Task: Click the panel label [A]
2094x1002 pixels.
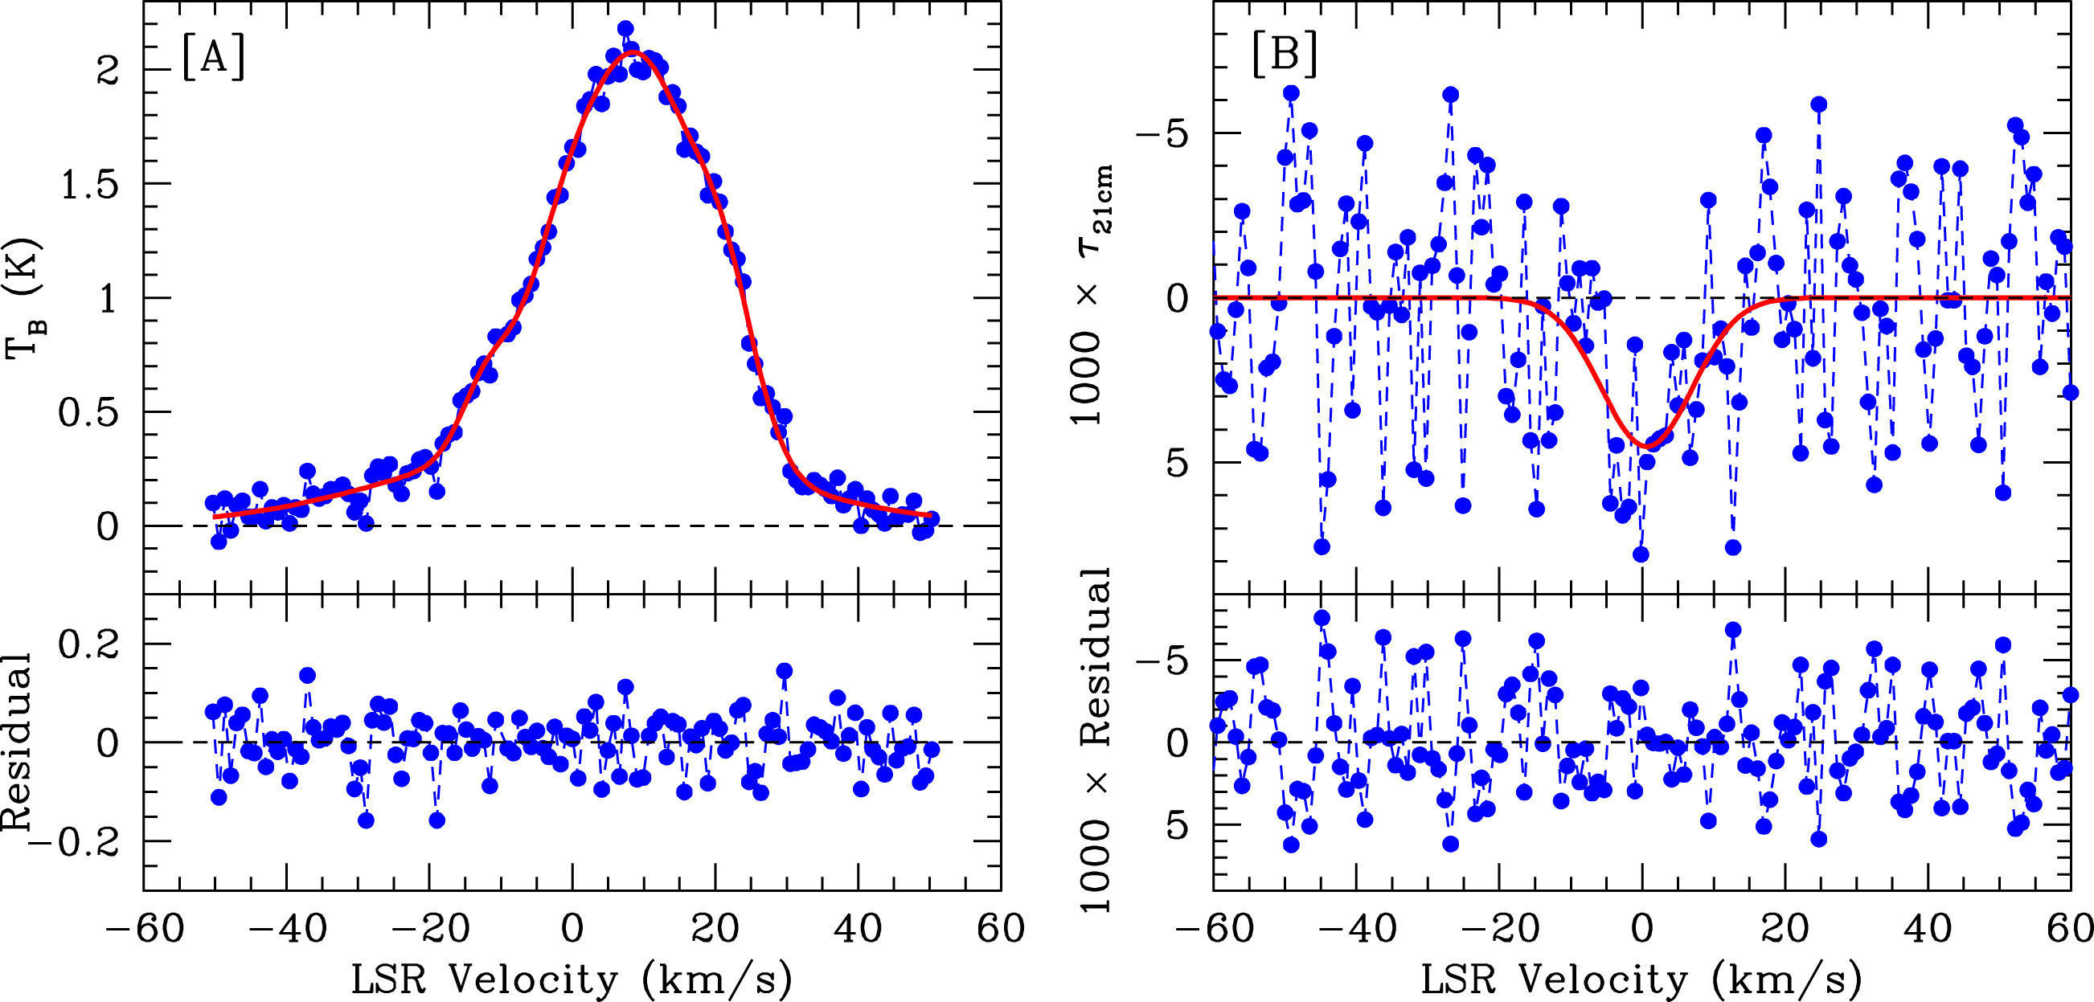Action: point(213,59)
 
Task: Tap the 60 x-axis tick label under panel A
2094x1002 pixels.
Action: point(1001,928)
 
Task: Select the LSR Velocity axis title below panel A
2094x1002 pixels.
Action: point(572,980)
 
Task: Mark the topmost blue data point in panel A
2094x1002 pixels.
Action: point(625,29)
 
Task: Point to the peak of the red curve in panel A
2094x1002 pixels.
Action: point(635,53)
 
